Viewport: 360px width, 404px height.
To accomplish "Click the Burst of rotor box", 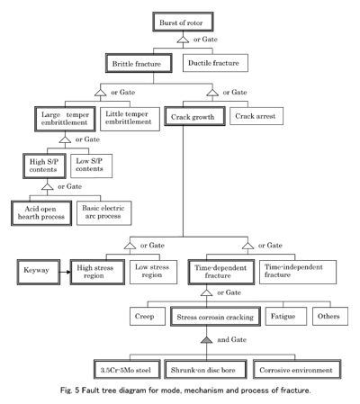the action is click(183, 22).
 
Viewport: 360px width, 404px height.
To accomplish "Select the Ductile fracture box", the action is click(215, 63).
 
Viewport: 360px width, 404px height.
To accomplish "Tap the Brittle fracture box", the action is click(139, 63).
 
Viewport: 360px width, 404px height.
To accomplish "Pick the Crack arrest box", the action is click(256, 116).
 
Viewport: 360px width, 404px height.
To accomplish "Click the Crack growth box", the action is click(194, 116).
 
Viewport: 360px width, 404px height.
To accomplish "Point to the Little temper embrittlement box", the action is click(130, 119).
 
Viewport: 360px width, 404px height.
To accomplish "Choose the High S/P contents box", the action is click(44, 166).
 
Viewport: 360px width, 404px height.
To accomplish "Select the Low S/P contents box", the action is click(91, 166).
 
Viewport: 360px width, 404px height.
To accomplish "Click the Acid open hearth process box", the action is click(41, 213).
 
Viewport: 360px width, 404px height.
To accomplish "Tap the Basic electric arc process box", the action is click(104, 213).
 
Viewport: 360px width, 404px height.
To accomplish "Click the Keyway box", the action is click(39, 272).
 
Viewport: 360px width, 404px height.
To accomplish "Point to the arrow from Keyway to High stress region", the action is click(66, 272).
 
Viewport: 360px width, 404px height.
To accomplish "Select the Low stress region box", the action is click(153, 272).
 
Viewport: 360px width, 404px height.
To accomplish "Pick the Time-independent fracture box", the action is click(298, 272).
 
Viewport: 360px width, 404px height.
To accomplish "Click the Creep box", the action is click(148, 316).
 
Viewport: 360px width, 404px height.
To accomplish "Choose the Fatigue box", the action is click(286, 316).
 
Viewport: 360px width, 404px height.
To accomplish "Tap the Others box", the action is click(330, 316).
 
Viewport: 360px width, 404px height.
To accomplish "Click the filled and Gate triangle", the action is click(206, 340).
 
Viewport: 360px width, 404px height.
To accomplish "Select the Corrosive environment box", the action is click(297, 369).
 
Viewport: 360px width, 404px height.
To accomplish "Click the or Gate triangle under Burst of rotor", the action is click(183, 40).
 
